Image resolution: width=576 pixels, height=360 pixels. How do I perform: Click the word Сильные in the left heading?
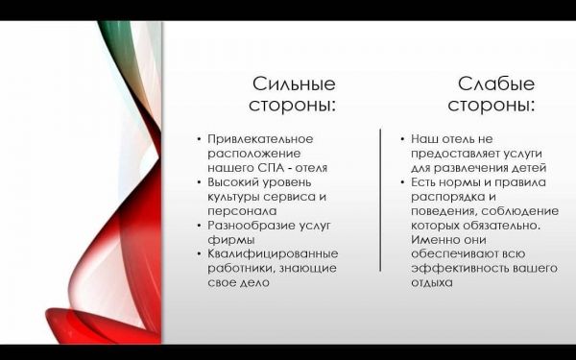pos(294,84)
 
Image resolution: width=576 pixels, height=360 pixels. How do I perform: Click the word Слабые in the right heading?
pos(496,84)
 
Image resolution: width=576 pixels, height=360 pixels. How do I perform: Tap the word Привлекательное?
pos(260,139)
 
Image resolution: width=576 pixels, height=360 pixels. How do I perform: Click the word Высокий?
pos(233,182)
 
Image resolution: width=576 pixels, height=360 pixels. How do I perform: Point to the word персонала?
pos(242,211)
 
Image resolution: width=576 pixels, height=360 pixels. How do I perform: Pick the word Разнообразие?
pos(251,226)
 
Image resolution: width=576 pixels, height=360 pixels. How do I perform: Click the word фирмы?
pos(231,240)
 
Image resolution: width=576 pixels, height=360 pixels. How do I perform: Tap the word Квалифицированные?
pos(273,253)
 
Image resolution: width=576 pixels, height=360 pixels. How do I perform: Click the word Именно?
pos(435,239)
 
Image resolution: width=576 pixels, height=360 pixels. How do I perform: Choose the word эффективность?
pos(462,268)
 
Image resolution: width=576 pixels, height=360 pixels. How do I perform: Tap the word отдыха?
pos(432,283)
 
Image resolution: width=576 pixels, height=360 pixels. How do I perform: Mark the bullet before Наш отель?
pos(402,139)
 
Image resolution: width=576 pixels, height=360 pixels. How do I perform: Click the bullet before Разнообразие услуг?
pos(199,226)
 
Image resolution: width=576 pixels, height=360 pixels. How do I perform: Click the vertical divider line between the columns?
pos(380,201)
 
